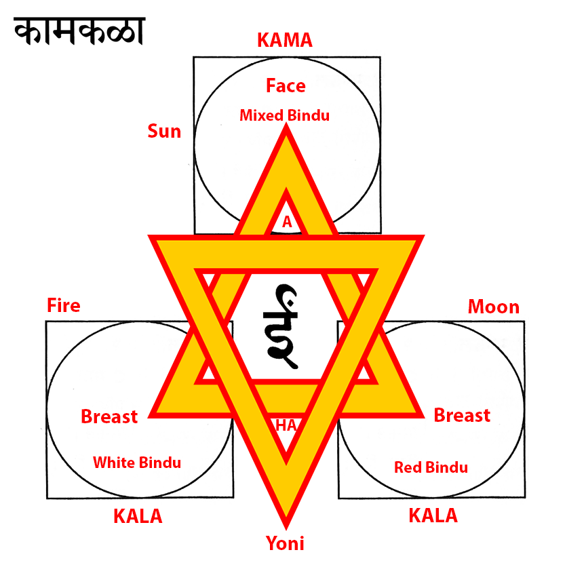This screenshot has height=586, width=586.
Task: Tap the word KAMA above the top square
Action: (285, 40)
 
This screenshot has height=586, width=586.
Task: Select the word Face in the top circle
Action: (286, 86)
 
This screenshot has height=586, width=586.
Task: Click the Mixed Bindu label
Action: (284, 115)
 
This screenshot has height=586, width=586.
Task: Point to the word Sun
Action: (164, 131)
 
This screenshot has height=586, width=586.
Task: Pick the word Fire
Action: (63, 306)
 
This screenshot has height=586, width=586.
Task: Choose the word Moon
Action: (493, 307)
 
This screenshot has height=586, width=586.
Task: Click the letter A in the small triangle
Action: (287, 221)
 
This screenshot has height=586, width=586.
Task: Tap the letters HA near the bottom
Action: (286, 425)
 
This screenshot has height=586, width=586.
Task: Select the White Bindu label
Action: (137, 463)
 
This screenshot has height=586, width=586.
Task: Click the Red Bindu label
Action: (431, 467)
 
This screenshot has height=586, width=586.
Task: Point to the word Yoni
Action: (285, 543)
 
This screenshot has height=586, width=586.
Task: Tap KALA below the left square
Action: (138, 516)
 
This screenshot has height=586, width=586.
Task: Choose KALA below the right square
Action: (433, 515)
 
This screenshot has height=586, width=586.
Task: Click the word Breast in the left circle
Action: (109, 416)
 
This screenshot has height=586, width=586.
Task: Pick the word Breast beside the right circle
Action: (462, 415)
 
